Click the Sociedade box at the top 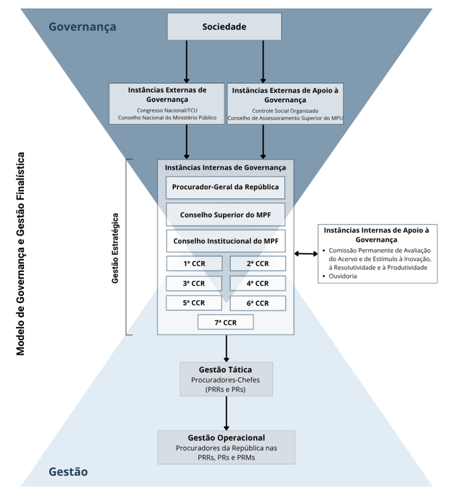click(x=224, y=26)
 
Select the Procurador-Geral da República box click(x=225, y=188)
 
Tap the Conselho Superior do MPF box click(x=225, y=214)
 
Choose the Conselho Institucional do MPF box click(x=225, y=241)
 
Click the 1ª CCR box click(x=194, y=263)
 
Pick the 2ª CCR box click(x=257, y=263)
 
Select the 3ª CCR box click(x=194, y=283)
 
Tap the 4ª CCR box click(x=257, y=283)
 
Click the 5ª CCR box click(x=194, y=302)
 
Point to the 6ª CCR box click(x=257, y=302)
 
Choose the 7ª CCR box click(x=226, y=322)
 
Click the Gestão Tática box click(x=226, y=378)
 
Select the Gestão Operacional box click(x=226, y=447)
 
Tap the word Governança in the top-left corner click(x=82, y=26)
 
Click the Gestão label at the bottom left click(x=68, y=472)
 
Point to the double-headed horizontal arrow click(x=306, y=254)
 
